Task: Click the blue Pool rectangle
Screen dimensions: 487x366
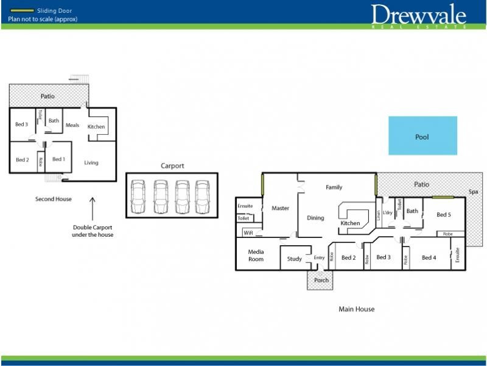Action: tap(422, 135)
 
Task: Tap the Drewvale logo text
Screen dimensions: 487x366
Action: tap(418, 15)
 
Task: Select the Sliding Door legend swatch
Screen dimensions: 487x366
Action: tap(22, 10)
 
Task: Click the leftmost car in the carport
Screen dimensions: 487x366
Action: tap(138, 196)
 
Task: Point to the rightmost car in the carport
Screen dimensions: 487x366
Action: tap(203, 196)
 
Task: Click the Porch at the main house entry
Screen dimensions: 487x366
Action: tap(320, 280)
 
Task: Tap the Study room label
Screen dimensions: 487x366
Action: tap(295, 259)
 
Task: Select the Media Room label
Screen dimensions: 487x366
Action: tap(256, 256)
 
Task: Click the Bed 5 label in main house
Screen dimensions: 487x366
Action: tap(444, 215)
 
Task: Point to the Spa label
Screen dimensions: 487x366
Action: tap(474, 192)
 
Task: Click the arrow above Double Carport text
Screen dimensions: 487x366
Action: tap(93, 209)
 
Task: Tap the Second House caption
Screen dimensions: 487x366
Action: tap(54, 199)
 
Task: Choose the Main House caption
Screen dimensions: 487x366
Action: tap(357, 309)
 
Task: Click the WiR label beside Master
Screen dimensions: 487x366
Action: tap(248, 233)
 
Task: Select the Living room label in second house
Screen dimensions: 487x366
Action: tap(91, 163)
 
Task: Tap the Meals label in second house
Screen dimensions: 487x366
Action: tap(72, 125)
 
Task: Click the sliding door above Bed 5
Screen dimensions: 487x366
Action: tap(443, 197)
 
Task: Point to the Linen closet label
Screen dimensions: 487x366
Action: tap(379, 215)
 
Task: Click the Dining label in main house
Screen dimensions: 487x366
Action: tap(315, 218)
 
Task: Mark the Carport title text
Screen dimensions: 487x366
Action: tap(172, 166)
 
